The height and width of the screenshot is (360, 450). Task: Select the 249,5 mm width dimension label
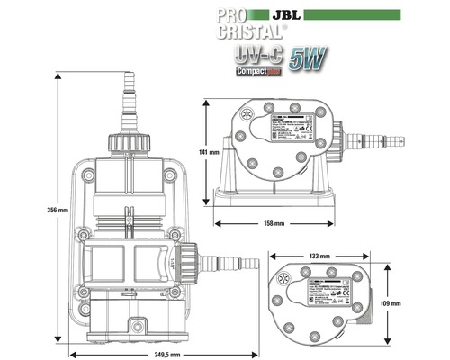point(167,355)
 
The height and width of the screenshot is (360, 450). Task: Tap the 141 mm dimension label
point(208,153)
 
